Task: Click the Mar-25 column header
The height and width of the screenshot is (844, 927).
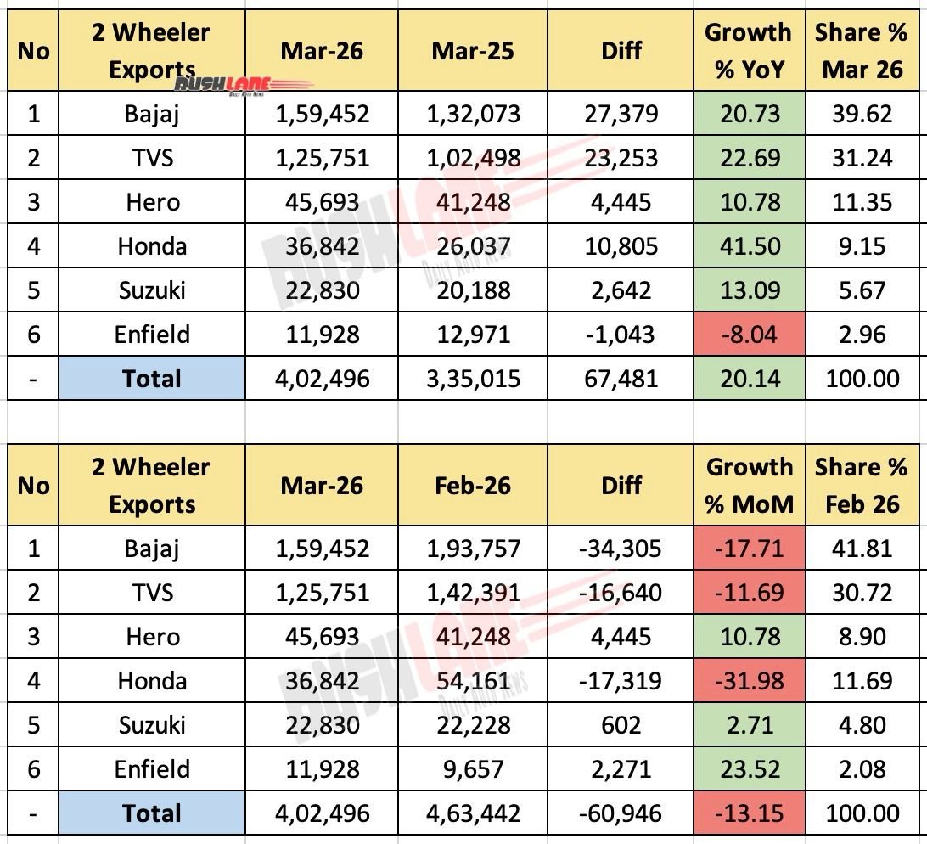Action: click(472, 51)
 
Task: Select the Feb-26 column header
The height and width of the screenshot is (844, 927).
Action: click(472, 486)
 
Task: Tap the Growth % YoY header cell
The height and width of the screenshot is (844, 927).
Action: click(748, 51)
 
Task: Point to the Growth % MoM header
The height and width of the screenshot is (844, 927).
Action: click(748, 486)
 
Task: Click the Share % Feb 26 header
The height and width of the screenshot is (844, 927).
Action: click(862, 486)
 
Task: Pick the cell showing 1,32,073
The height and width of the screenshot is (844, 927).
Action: click(472, 113)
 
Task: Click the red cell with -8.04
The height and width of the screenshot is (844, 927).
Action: click(748, 334)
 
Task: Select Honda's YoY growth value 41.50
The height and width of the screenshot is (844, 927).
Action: click(748, 246)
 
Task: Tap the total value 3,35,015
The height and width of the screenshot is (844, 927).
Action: click(472, 378)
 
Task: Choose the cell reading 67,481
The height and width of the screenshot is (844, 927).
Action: click(621, 378)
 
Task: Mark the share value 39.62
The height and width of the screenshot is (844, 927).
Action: click(862, 113)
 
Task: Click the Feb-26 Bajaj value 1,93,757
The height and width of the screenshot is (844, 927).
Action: click(472, 548)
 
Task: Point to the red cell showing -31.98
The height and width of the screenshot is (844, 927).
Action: click(748, 681)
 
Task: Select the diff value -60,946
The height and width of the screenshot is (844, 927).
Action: click(621, 813)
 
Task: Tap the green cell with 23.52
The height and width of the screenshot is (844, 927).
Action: click(748, 769)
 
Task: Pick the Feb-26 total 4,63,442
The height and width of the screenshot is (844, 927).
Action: click(472, 813)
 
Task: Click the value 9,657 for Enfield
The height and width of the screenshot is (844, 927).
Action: click(472, 769)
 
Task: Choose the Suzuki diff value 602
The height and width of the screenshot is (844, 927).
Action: click(621, 725)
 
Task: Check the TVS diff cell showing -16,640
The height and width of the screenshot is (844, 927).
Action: click(621, 593)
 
